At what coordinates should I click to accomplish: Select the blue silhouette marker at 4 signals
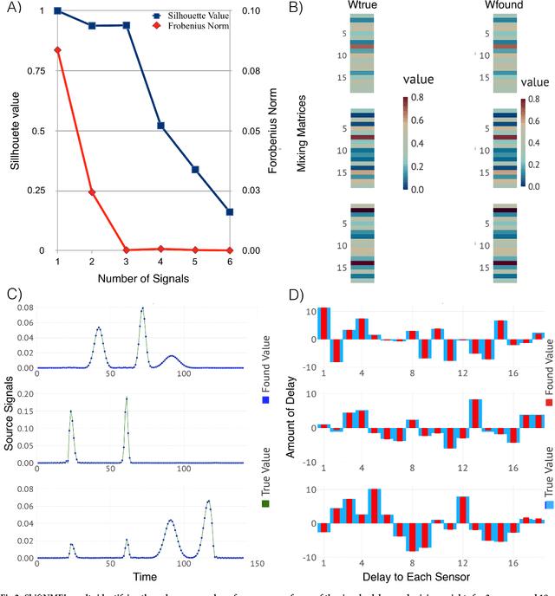(x=160, y=126)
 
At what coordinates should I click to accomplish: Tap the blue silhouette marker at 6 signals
(x=229, y=211)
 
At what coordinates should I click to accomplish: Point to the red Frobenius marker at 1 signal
(x=57, y=50)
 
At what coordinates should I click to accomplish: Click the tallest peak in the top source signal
(x=143, y=308)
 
